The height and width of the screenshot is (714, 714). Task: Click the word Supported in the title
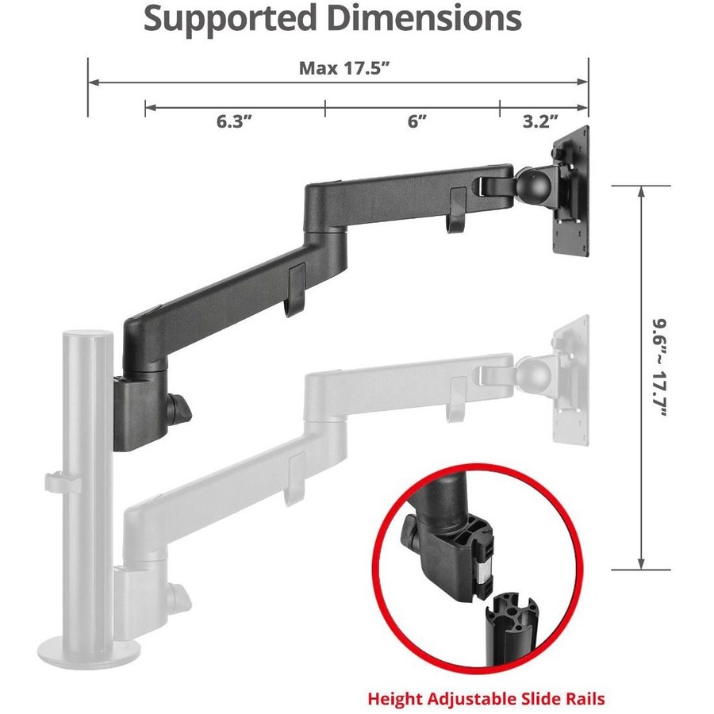[229, 19]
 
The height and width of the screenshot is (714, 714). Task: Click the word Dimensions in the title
[424, 18]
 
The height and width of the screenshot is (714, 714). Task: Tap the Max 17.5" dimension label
[345, 68]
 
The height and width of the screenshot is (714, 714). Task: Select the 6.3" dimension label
[234, 121]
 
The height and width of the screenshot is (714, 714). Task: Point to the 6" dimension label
[416, 121]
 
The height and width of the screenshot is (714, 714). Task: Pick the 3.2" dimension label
[540, 121]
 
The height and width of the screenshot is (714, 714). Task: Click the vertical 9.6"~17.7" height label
[659, 368]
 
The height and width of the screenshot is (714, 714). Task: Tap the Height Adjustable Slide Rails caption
[486, 698]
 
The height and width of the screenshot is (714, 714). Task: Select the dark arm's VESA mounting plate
[571, 190]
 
